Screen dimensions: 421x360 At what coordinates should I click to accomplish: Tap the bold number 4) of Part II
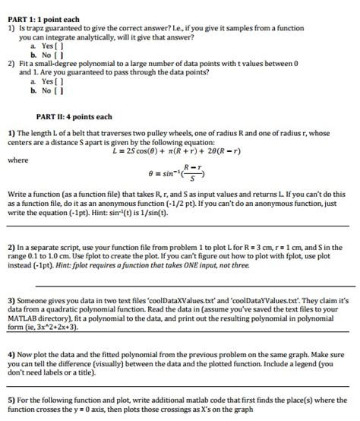(x=10, y=354)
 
